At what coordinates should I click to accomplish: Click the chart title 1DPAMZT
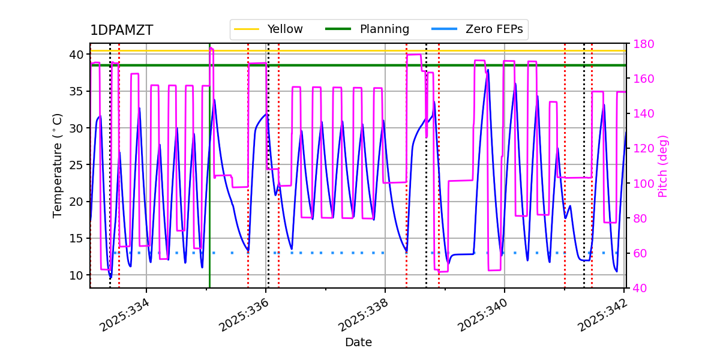tap(121, 31)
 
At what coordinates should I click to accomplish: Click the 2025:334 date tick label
tap(125, 316)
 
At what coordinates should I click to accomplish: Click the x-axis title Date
tap(358, 343)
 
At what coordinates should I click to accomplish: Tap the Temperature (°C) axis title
tap(58, 165)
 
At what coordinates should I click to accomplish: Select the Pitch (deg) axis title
tap(663, 166)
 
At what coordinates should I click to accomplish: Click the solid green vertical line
tap(209, 180)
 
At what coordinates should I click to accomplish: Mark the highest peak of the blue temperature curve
tap(488, 70)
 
